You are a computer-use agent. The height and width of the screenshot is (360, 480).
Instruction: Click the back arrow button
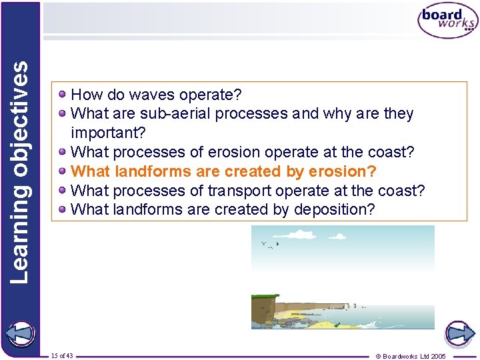coord(21,334)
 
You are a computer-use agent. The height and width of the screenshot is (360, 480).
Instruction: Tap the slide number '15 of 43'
coord(62,355)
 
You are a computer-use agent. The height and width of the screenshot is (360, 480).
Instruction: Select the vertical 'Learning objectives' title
coord(20,171)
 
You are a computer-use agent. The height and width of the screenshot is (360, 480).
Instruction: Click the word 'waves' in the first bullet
coord(143,95)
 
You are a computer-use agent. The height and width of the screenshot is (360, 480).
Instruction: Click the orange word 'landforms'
coord(148,171)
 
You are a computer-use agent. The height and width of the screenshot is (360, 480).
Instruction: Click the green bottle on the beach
coord(337,325)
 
